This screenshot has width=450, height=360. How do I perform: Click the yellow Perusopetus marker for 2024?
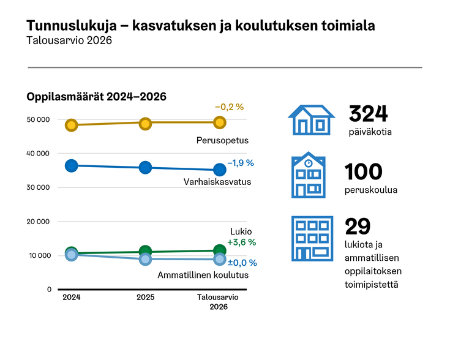click(72, 125)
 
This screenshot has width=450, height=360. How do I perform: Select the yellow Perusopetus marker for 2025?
click(145, 123)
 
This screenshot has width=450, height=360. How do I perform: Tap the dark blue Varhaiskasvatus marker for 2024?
click(72, 165)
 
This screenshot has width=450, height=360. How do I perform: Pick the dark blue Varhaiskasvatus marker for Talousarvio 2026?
click(219, 170)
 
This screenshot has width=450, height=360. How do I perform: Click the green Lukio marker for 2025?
click(145, 251)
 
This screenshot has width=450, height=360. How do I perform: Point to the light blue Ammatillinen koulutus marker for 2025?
click(145, 260)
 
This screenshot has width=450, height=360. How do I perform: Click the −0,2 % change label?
click(229, 107)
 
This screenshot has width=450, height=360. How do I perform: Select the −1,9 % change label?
click(240, 163)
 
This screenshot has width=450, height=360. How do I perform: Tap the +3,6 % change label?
click(241, 242)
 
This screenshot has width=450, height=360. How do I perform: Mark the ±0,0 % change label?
click(241, 262)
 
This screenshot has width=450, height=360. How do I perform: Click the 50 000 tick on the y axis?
click(39, 119)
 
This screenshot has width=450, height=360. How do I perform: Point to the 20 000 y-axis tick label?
click(39, 222)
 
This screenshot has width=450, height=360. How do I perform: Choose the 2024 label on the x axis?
click(72, 297)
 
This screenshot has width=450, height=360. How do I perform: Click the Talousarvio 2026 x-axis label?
click(219, 302)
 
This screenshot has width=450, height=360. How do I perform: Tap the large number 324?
click(369, 114)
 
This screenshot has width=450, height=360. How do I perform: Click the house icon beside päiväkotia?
click(311, 119)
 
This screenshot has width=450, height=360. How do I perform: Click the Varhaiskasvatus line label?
click(217, 182)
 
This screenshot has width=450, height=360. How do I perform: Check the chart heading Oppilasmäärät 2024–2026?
click(97, 97)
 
